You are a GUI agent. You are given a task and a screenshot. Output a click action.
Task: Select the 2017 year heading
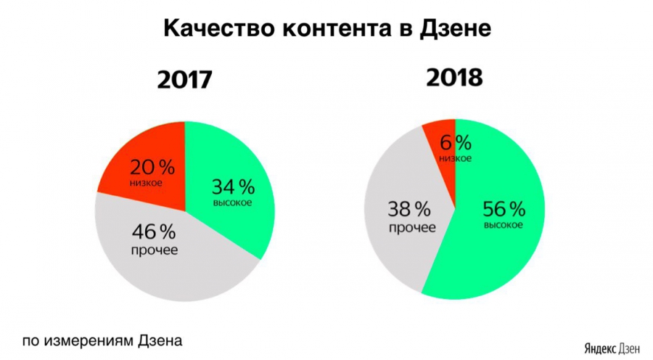pos(185,79)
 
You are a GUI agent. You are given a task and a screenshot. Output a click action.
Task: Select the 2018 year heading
pos(455,77)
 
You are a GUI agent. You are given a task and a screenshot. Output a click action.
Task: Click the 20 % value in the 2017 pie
pos(152,168)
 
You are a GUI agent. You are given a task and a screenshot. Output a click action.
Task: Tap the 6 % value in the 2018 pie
pos(455,142)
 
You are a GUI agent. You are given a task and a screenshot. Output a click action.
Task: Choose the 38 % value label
pos(411,210)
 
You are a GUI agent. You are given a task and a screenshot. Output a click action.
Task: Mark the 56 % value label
pos(504,210)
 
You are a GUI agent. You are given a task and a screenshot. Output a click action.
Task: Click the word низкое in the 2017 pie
pos(147,183)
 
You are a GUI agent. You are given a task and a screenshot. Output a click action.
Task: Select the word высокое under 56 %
pos(504,226)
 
